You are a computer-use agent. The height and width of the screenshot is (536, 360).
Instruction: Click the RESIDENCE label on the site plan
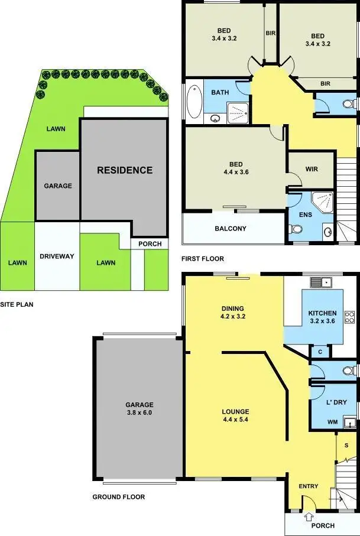[x=125, y=170]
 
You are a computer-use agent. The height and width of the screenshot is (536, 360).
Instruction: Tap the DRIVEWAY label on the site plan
[x=57, y=256]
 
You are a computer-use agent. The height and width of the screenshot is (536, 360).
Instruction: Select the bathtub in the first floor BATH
[x=193, y=102]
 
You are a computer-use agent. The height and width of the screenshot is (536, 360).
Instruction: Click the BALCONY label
[x=231, y=229]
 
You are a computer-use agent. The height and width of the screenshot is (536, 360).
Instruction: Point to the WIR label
[x=312, y=169]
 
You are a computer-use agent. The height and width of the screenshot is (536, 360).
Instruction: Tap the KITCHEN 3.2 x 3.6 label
[x=322, y=317]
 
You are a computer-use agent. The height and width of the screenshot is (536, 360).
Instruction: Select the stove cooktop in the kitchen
[x=349, y=317]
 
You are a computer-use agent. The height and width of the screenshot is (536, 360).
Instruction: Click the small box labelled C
[x=320, y=352]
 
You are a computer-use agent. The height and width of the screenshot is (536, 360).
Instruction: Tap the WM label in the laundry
[x=332, y=422]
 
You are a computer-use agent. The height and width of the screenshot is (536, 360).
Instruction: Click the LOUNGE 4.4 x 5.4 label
[x=235, y=415]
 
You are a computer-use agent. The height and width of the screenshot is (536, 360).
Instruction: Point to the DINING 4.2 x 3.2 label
[x=232, y=312]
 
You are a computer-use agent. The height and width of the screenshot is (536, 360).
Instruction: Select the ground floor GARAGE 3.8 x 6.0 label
[x=139, y=409]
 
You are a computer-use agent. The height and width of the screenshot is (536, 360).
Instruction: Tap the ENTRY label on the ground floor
[x=309, y=486]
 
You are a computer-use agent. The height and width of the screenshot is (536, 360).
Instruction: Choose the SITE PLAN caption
[x=17, y=306]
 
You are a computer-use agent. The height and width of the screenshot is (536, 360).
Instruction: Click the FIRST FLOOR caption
[x=203, y=259]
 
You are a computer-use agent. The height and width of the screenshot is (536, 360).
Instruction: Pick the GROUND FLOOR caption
[x=118, y=497]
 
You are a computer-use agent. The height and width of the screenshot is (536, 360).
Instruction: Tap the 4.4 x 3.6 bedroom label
[x=236, y=170]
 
